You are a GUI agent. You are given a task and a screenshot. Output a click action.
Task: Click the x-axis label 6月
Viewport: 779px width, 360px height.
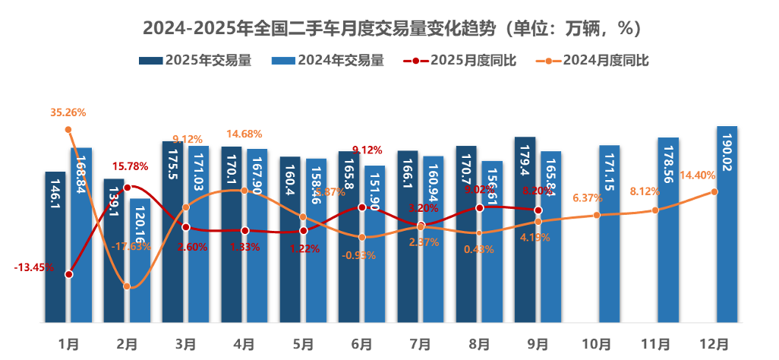tap(362, 343)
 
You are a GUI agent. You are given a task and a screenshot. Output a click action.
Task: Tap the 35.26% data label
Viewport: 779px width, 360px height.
tap(68, 112)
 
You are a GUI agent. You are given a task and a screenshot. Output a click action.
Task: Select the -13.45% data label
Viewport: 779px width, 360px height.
tap(33, 267)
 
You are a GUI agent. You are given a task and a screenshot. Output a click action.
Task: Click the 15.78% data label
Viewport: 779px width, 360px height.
tap(131, 166)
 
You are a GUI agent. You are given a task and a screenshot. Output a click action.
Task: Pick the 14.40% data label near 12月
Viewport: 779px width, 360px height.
tap(698, 175)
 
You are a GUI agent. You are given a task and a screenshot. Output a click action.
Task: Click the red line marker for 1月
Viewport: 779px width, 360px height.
tap(69, 274)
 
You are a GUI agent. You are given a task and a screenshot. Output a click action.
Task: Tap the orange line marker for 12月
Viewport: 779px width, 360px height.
tap(714, 191)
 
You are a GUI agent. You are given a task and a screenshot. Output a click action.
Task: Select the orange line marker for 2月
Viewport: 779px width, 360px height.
tap(127, 286)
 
